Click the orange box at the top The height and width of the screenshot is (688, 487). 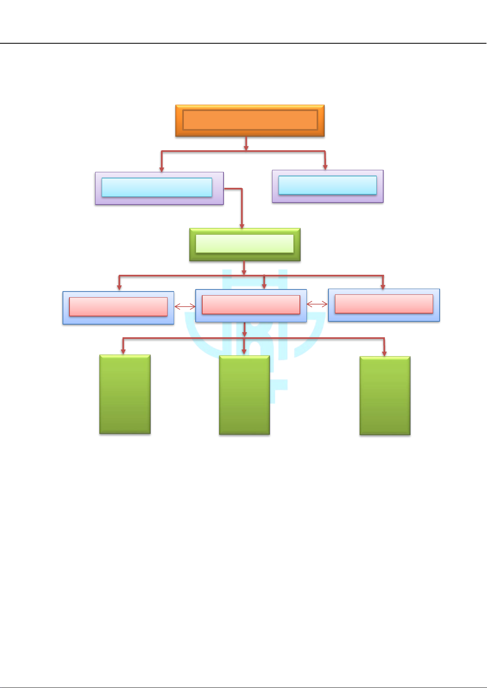[x=250, y=120]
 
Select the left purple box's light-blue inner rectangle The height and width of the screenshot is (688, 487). [x=157, y=187]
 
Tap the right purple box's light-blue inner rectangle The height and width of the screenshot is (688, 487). [x=327, y=185]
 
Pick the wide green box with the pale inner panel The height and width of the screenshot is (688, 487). [x=245, y=244]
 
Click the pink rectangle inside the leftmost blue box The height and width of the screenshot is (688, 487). [x=118, y=307]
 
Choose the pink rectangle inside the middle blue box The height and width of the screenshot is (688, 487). [x=251, y=305]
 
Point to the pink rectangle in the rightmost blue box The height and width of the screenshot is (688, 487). [x=384, y=304]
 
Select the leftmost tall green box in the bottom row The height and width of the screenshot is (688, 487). [x=125, y=394]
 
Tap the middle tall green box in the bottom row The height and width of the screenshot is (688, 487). [x=244, y=395]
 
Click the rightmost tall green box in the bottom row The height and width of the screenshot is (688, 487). [x=385, y=396]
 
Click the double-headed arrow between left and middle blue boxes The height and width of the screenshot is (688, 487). [x=185, y=306]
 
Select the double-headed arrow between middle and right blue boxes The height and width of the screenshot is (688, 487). [x=317, y=304]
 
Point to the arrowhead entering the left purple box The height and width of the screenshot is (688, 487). [x=162, y=169]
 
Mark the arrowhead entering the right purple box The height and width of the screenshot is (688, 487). [x=325, y=167]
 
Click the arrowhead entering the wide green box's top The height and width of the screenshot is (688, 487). [x=242, y=225]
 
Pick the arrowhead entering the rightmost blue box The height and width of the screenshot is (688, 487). [x=383, y=287]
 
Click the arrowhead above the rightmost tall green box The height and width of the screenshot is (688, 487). [x=384, y=353]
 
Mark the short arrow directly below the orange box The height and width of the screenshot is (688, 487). [x=246, y=144]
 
